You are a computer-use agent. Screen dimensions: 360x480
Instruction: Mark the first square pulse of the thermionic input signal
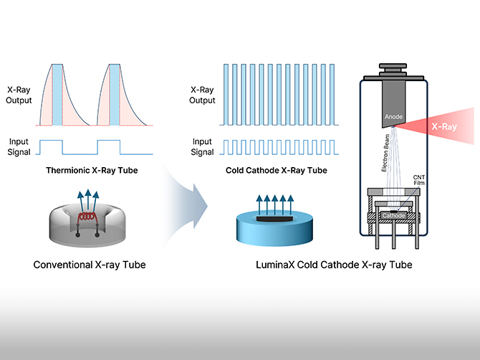point(52,146)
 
